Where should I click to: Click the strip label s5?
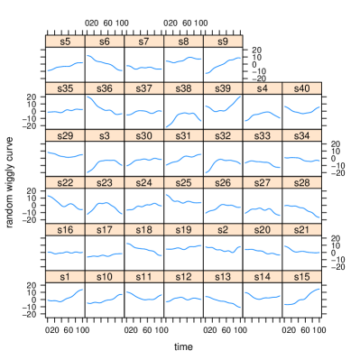tap(65, 42)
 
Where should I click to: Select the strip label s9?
tap(223, 42)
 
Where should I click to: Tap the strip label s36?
tap(105, 88)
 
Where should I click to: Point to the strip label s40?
tap(301, 88)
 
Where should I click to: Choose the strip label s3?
tap(105, 135)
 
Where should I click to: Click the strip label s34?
tap(301, 135)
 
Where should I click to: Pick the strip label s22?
tap(65, 182)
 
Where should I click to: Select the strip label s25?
tap(183, 182)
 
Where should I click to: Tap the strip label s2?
tap(223, 230)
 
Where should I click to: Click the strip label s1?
tap(65, 277)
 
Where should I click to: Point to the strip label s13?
tap(223, 277)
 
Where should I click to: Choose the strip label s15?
tap(301, 277)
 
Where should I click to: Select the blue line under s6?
tap(105, 64)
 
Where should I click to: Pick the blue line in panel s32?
tap(224, 161)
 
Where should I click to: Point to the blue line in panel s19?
tap(183, 247)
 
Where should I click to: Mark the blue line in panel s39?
tap(223, 110)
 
